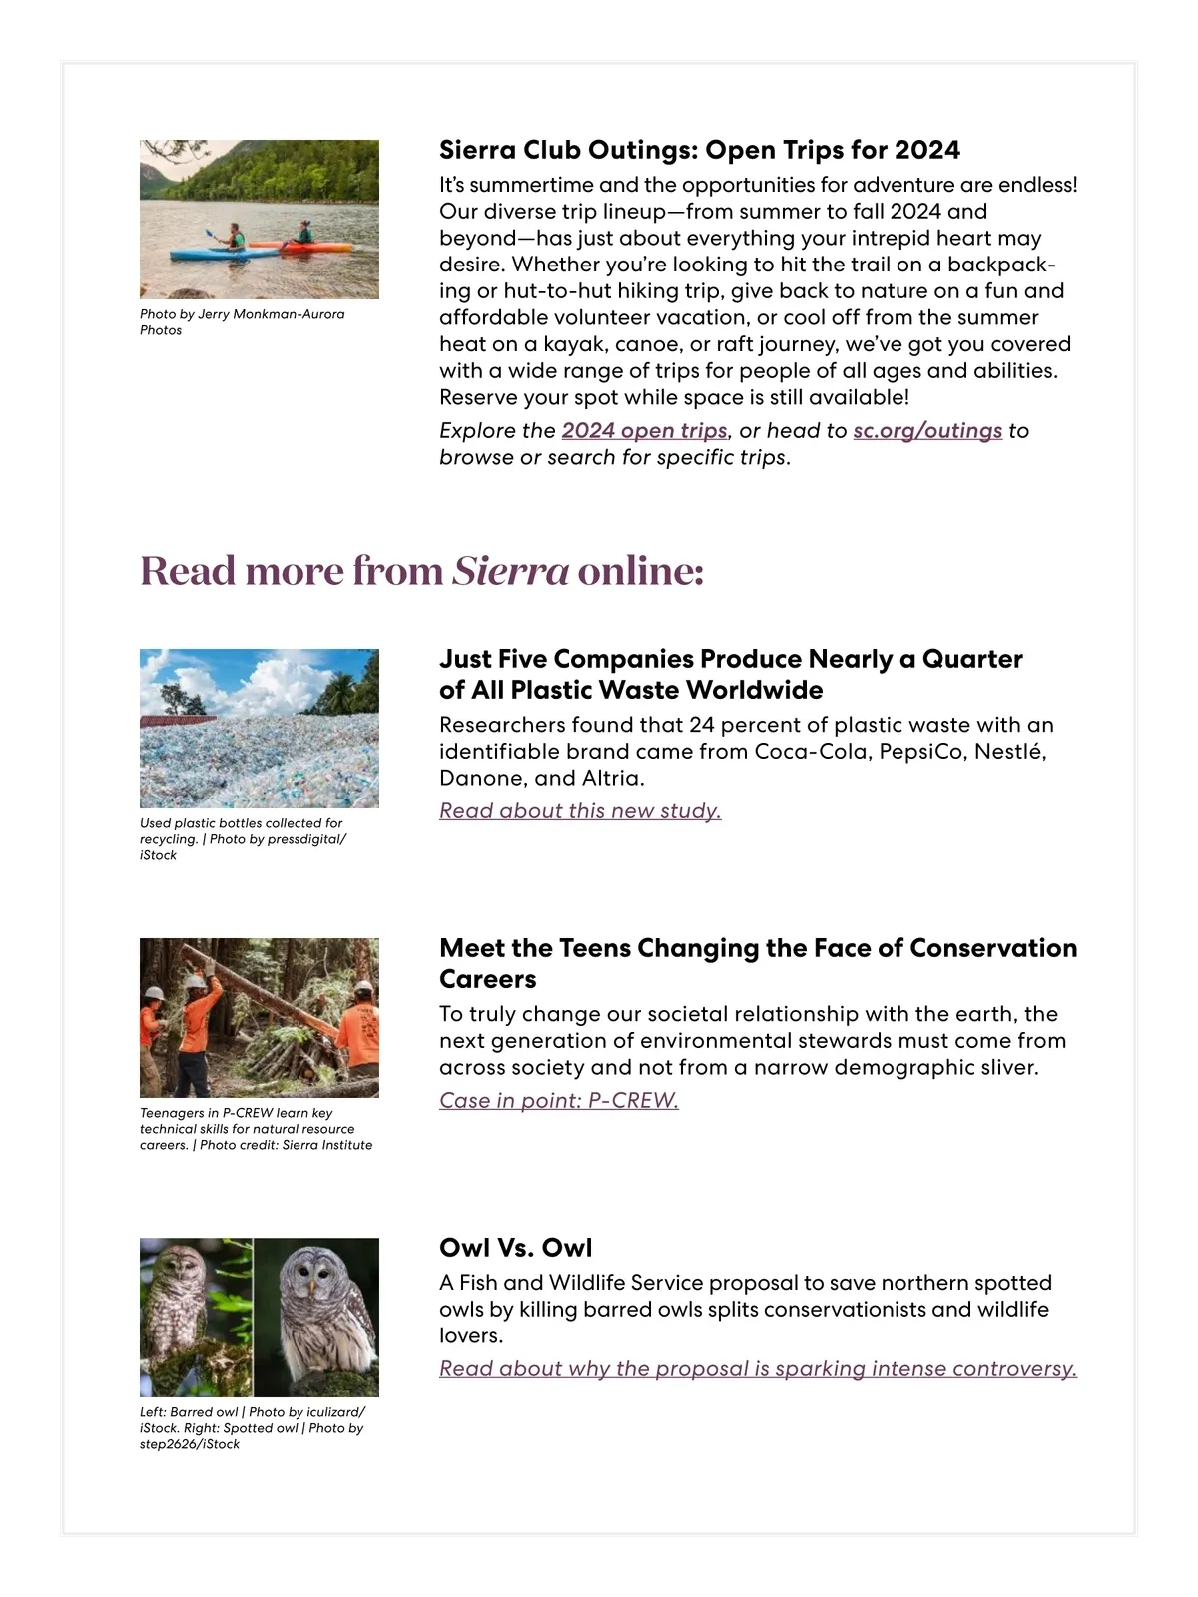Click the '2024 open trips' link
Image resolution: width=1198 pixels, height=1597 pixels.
pyautogui.click(x=644, y=431)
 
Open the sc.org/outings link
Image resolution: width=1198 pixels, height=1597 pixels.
pyautogui.click(x=927, y=431)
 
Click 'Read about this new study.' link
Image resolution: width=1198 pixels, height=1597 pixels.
pyautogui.click(x=580, y=811)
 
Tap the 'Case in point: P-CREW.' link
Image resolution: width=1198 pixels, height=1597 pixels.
pyautogui.click(x=559, y=1101)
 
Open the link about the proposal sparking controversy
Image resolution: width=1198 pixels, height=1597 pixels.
pyautogui.click(x=758, y=1369)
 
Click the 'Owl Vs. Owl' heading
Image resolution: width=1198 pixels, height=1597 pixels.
pyautogui.click(x=516, y=1248)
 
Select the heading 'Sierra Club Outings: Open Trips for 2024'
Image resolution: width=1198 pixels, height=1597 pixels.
pyautogui.click(x=700, y=150)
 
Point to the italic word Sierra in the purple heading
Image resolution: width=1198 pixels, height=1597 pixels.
pyautogui.click(x=510, y=571)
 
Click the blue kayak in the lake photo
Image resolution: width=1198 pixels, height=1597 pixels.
pyautogui.click(x=210, y=255)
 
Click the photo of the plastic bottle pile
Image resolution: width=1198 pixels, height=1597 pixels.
pyautogui.click(x=260, y=728)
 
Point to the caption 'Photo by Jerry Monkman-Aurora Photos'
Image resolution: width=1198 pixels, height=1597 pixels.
pyautogui.click(x=243, y=322)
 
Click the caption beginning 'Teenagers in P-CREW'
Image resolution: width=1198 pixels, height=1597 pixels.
pyautogui.click(x=256, y=1129)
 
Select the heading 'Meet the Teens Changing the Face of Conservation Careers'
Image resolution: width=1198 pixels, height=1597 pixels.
pyautogui.click(x=758, y=963)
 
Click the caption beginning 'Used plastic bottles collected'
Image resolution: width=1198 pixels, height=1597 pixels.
pyautogui.click(x=243, y=839)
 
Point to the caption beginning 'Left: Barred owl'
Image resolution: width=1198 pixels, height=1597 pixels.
pyautogui.click(x=252, y=1428)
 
